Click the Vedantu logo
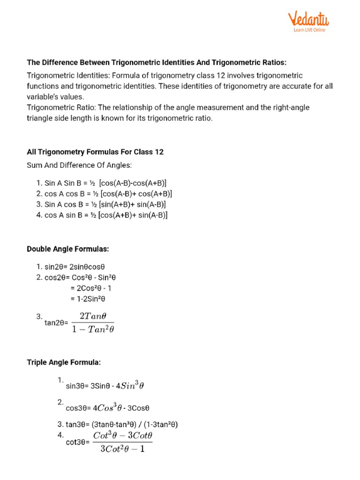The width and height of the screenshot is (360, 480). click(x=308, y=20)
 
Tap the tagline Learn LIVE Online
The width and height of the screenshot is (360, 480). click(x=309, y=30)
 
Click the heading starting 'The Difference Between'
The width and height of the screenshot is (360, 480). click(x=163, y=62)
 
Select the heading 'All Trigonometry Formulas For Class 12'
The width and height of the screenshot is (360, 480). click(x=95, y=152)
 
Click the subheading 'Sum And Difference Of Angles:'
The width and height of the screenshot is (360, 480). click(x=79, y=165)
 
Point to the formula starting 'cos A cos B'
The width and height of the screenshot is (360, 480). click(x=104, y=194)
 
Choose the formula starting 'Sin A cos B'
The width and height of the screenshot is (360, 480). click(x=101, y=204)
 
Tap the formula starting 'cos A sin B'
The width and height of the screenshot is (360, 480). click(x=102, y=215)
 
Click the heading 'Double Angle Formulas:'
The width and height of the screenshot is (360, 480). click(x=67, y=249)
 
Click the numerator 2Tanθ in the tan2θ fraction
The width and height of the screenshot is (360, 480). click(x=94, y=316)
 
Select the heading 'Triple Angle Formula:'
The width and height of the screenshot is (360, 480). click(x=64, y=363)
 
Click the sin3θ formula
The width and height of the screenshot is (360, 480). click(x=105, y=386)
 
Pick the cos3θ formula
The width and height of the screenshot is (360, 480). click(x=107, y=407)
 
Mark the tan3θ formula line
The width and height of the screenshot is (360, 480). click(x=117, y=425)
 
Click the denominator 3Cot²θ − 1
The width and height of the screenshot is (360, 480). click(x=123, y=449)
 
